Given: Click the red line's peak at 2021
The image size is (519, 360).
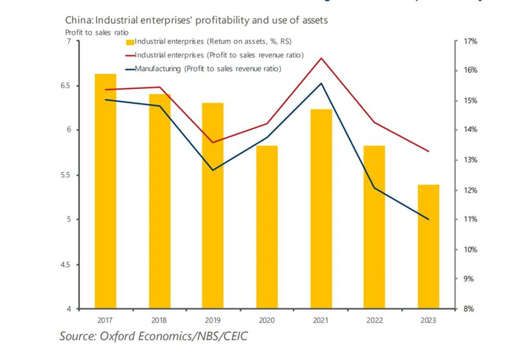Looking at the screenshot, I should [321, 58].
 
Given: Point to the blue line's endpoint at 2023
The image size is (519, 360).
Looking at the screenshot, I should [429, 219].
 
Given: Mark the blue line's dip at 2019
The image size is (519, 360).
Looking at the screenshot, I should [213, 170].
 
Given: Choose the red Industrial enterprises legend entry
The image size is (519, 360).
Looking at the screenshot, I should [208, 56].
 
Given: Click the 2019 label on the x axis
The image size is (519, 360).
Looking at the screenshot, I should [213, 320].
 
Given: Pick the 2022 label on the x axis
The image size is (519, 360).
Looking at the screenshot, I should [374, 320].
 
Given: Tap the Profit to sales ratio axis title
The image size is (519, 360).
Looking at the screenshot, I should [87, 32].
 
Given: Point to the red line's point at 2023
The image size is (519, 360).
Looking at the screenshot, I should [429, 151].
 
